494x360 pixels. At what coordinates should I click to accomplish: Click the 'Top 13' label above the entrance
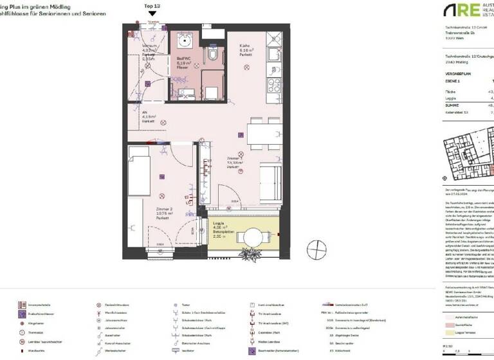(x=152, y=4)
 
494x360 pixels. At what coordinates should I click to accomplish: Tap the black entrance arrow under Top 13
(x=152, y=13)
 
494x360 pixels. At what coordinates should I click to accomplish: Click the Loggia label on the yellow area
(x=220, y=226)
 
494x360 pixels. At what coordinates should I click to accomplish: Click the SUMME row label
(x=453, y=104)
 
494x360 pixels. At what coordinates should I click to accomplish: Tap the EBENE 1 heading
(x=453, y=82)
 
